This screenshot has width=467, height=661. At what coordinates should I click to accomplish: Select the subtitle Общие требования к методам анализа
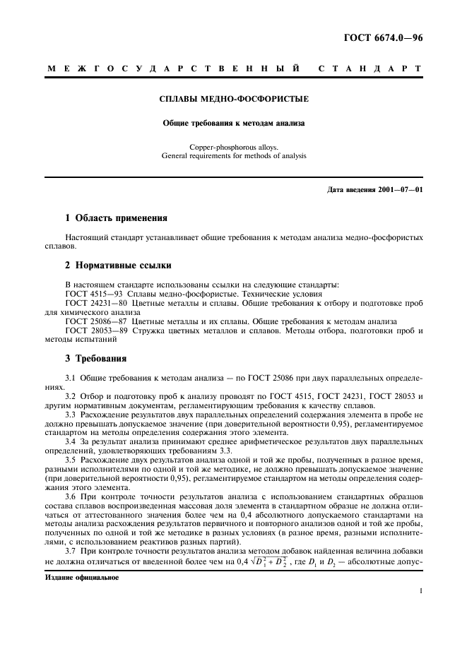point(233,122)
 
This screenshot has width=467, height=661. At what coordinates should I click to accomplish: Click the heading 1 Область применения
point(116,218)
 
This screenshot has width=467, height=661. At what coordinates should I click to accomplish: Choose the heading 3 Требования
point(95,358)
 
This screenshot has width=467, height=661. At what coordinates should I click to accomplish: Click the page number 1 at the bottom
point(421,593)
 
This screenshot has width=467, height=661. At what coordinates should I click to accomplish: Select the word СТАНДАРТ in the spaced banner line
point(370,69)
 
